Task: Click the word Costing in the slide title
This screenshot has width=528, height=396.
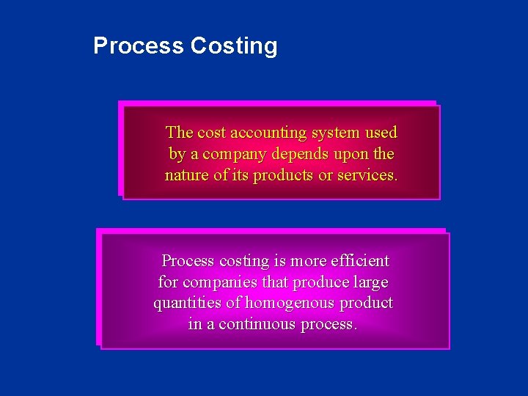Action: (234, 46)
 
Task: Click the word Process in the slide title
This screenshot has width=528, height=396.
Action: (139, 46)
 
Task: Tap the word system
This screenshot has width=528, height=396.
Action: (334, 133)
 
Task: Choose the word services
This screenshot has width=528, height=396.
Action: (367, 176)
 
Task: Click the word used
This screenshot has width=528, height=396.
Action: (381, 133)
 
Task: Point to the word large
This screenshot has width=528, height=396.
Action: (370, 282)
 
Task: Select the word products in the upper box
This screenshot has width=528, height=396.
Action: (283, 176)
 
